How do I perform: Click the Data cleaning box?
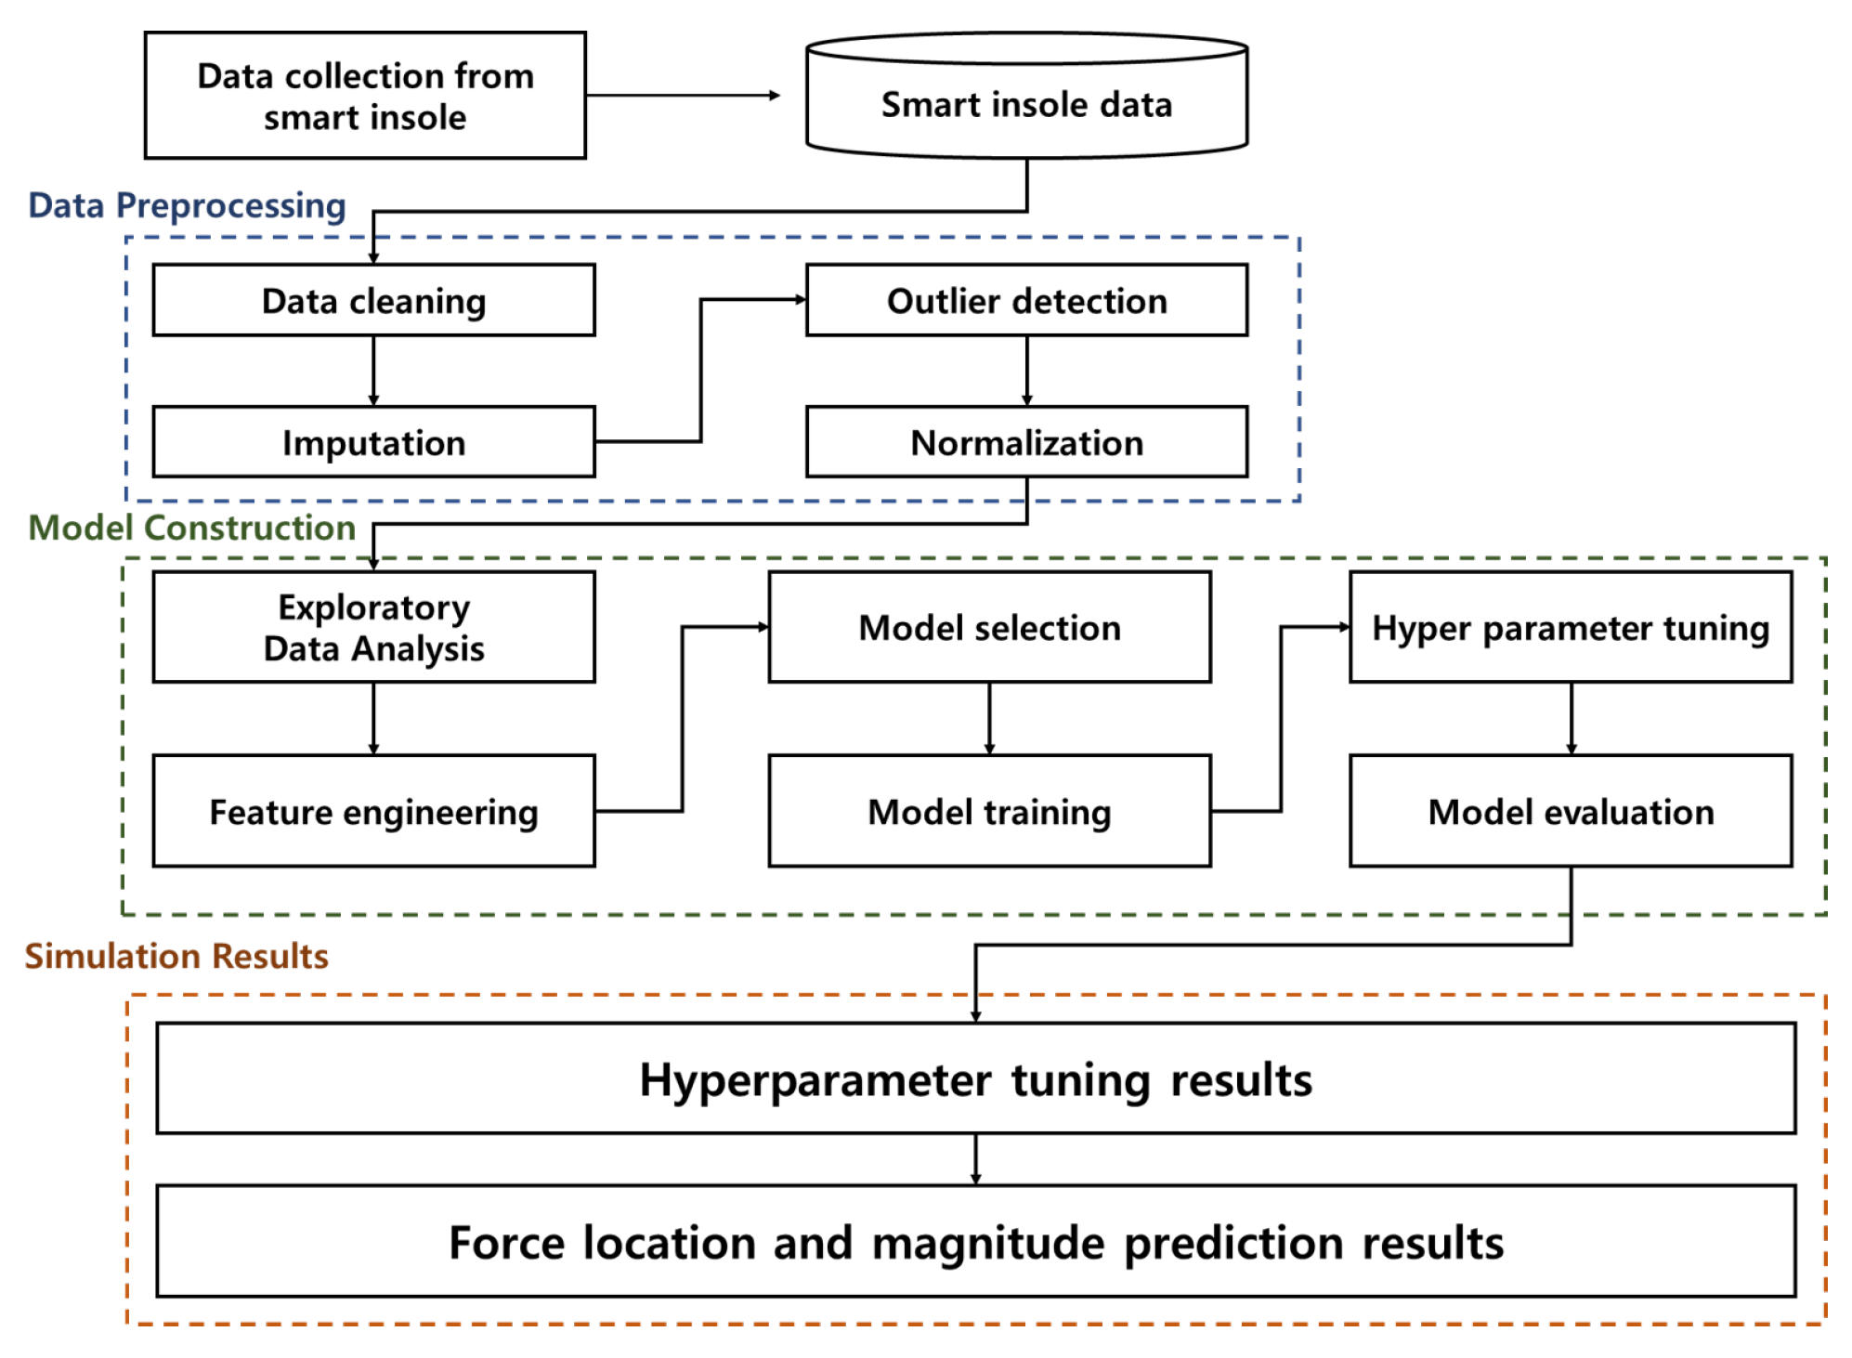[x=373, y=300]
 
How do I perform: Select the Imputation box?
[x=373, y=442]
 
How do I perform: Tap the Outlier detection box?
[x=1026, y=300]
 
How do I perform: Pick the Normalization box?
[x=1026, y=442]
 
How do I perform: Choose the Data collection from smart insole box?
[x=365, y=96]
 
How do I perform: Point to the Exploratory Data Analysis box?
[x=373, y=627]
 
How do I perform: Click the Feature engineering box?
[x=373, y=811]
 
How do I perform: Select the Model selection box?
[x=989, y=627]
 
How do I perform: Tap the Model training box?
[x=989, y=811]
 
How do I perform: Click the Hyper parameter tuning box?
[x=1571, y=627]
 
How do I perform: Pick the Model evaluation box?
[x=1571, y=811]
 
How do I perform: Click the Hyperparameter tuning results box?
[x=975, y=1078]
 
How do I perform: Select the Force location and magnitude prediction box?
[x=975, y=1241]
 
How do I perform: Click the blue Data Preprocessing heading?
[x=187, y=205]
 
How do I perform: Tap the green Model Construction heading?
[x=192, y=528]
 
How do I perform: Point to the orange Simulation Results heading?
[x=176, y=956]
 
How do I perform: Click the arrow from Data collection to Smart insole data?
[x=683, y=95]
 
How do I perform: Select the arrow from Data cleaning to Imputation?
[x=373, y=370]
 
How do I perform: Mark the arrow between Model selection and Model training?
[x=989, y=718]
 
